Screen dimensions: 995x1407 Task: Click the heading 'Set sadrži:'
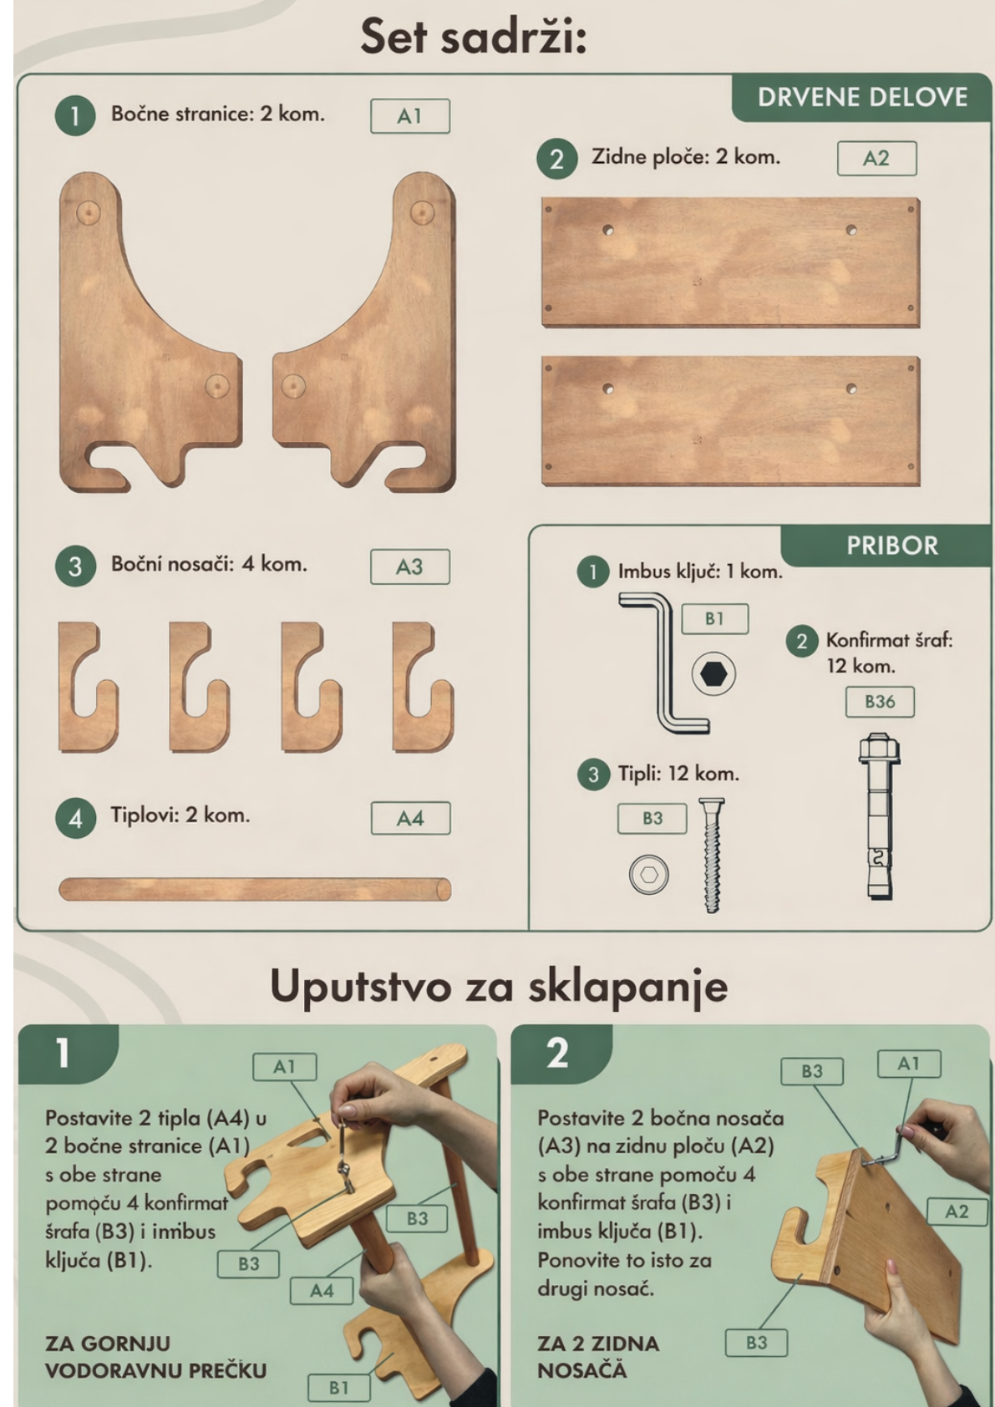pyautogui.click(x=474, y=37)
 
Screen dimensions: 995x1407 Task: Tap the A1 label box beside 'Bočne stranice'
pyautogui.click(x=410, y=116)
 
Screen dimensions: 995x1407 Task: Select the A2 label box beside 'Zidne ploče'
pyautogui.click(x=876, y=158)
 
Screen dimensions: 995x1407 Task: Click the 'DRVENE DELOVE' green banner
pyautogui.click(x=862, y=98)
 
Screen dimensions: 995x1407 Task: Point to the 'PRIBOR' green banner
pyautogui.click(x=891, y=546)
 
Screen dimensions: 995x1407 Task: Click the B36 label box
pyautogui.click(x=880, y=702)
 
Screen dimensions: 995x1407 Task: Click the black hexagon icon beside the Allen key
pyautogui.click(x=713, y=674)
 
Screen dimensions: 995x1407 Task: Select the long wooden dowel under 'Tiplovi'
pyautogui.click(x=255, y=890)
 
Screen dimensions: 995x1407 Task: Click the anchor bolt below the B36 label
pyautogui.click(x=879, y=816)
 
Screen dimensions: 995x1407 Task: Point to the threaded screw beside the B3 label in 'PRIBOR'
pyautogui.click(x=711, y=855)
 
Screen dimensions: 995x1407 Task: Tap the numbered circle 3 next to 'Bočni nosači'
pyautogui.click(x=75, y=566)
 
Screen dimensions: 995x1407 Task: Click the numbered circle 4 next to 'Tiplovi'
pyautogui.click(x=75, y=819)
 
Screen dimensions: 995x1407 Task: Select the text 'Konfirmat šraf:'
pyautogui.click(x=889, y=641)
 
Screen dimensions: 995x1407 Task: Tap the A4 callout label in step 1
pyautogui.click(x=322, y=1291)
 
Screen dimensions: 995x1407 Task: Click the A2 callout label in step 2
pyautogui.click(x=956, y=1211)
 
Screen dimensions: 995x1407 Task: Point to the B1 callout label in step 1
pyautogui.click(x=338, y=1388)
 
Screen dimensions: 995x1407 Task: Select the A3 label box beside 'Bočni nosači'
pyautogui.click(x=410, y=566)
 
